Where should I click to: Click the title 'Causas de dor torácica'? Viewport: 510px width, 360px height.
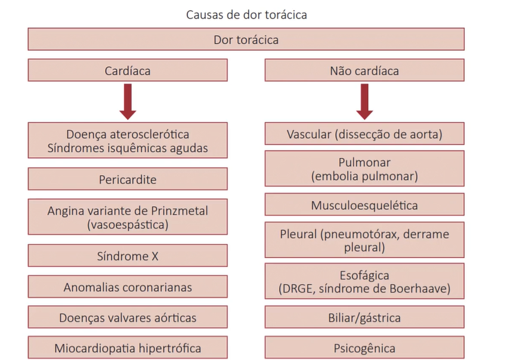(246, 14)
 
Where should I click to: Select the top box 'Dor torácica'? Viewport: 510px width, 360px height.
(246, 41)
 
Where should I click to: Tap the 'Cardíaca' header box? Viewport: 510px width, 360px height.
(128, 71)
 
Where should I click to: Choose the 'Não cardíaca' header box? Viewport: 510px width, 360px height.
(364, 71)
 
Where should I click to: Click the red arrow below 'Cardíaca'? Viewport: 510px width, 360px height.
(128, 101)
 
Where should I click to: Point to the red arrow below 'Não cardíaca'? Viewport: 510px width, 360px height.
(364, 101)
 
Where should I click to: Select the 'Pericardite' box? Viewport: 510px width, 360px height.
(128, 179)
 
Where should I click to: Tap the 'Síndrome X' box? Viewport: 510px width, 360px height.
(128, 257)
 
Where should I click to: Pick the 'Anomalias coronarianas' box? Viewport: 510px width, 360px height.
(128, 287)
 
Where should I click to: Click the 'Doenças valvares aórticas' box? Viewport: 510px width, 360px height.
(128, 318)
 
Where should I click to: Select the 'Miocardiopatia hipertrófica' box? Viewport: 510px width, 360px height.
(128, 348)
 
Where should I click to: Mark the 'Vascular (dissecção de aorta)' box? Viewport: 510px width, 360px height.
(364, 134)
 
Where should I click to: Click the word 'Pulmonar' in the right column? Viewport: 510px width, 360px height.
(364, 163)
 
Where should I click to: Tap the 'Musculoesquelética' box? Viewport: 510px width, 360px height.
(364, 205)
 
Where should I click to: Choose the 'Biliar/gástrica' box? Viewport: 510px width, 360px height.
(364, 318)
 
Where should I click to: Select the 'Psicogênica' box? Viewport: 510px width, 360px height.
(364, 348)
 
